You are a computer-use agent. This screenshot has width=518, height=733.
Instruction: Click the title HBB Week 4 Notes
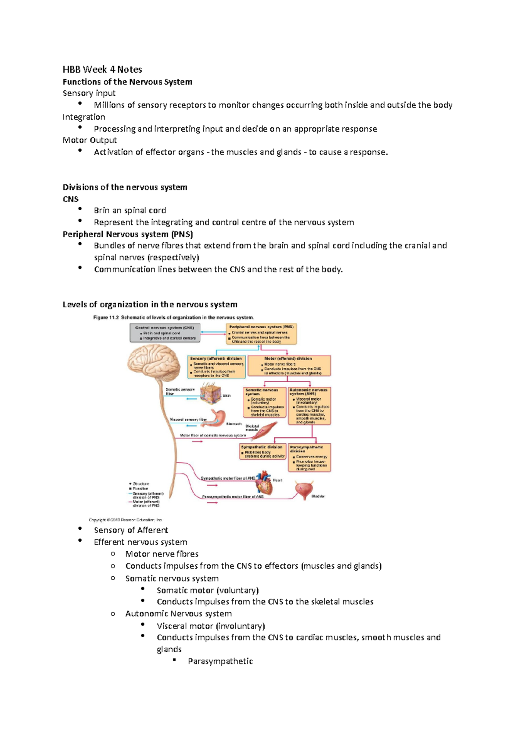tap(102, 70)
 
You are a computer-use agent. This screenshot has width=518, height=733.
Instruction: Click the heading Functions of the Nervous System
tap(127, 82)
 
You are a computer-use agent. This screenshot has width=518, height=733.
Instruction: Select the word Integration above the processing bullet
tap(84, 117)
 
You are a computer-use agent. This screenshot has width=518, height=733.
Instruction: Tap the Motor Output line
tap(90, 140)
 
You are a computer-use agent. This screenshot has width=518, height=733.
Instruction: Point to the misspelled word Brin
tap(102, 211)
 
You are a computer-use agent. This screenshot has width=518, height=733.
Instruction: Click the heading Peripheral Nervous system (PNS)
tap(128, 234)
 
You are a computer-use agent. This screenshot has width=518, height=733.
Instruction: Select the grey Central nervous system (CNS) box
tap(165, 333)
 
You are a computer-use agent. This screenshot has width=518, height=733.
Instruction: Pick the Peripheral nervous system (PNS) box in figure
tap(262, 334)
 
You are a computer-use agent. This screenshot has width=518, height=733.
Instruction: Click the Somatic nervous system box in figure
tap(265, 402)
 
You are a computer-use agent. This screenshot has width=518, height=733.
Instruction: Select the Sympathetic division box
tap(262, 452)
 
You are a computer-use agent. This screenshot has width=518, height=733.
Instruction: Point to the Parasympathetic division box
tap(309, 458)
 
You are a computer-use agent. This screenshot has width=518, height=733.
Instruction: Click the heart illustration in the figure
tap(264, 483)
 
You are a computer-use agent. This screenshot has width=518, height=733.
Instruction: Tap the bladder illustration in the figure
tap(303, 490)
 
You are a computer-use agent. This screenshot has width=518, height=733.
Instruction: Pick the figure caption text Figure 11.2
tap(107, 318)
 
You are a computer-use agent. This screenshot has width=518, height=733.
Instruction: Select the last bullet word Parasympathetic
tap(220, 661)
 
